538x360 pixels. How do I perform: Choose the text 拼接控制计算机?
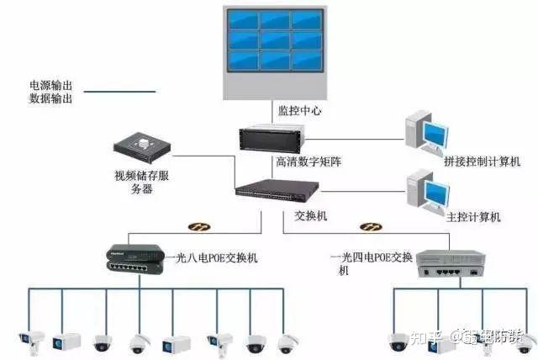(475, 161)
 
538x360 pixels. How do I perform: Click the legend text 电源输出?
(50, 85)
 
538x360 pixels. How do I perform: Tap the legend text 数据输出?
(50, 98)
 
